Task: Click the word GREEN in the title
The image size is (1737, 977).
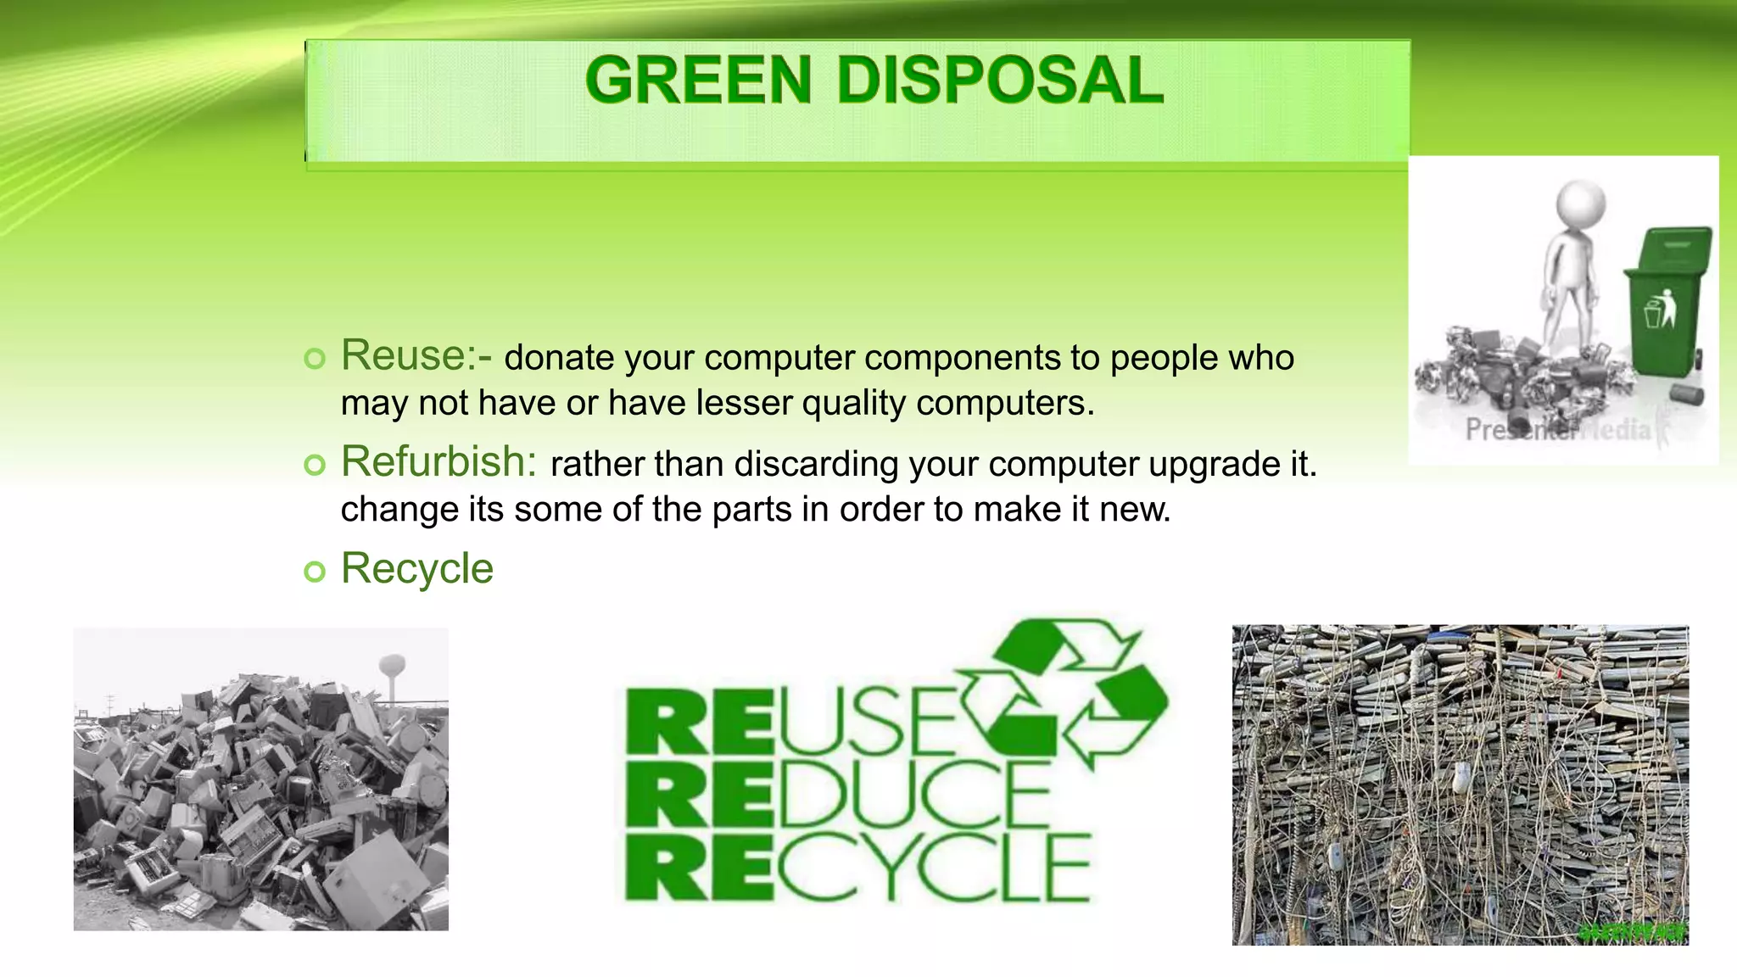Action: pos(697,81)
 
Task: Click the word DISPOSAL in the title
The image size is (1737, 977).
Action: pos(1000,81)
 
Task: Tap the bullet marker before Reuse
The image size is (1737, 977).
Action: pos(315,358)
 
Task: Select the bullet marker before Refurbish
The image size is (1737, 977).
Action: pos(315,465)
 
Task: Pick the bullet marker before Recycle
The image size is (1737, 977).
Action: pos(315,572)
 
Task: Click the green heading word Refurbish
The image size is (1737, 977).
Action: pos(438,462)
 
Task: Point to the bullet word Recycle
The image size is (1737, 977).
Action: pos(416,568)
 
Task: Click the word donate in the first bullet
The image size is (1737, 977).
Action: pos(559,358)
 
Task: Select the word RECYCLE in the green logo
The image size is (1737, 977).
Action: pos(857,867)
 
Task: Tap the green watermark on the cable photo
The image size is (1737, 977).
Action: pos(1633,933)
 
